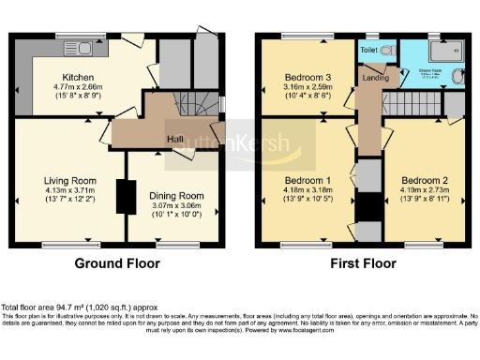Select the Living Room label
coord(70,181)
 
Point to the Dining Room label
coord(177,195)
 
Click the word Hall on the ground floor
coord(174,140)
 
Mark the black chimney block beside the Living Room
coord(121,196)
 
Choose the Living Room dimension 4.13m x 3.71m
coord(70,190)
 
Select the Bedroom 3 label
coord(307,76)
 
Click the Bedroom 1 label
coord(307,180)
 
